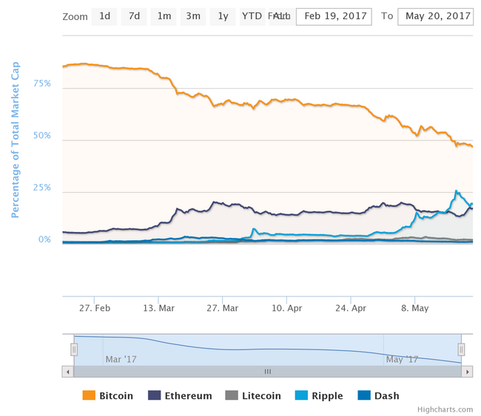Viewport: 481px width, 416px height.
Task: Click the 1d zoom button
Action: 104,16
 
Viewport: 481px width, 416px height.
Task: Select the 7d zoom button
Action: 134,16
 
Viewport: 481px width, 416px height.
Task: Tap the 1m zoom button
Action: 164,16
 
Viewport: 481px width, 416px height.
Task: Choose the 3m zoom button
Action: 193,16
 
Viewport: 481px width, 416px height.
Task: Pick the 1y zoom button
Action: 223,16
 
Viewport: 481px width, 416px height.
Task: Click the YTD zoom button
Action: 252,16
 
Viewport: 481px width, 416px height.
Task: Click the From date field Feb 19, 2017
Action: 335,16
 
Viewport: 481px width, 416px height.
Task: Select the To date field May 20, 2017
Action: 434,16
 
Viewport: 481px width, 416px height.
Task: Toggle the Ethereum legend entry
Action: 181,396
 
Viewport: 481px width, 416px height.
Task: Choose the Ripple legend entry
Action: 319,396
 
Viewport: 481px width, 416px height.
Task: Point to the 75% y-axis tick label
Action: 42,83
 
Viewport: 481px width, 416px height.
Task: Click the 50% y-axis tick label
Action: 42,136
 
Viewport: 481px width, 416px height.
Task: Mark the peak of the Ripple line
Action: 456,191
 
